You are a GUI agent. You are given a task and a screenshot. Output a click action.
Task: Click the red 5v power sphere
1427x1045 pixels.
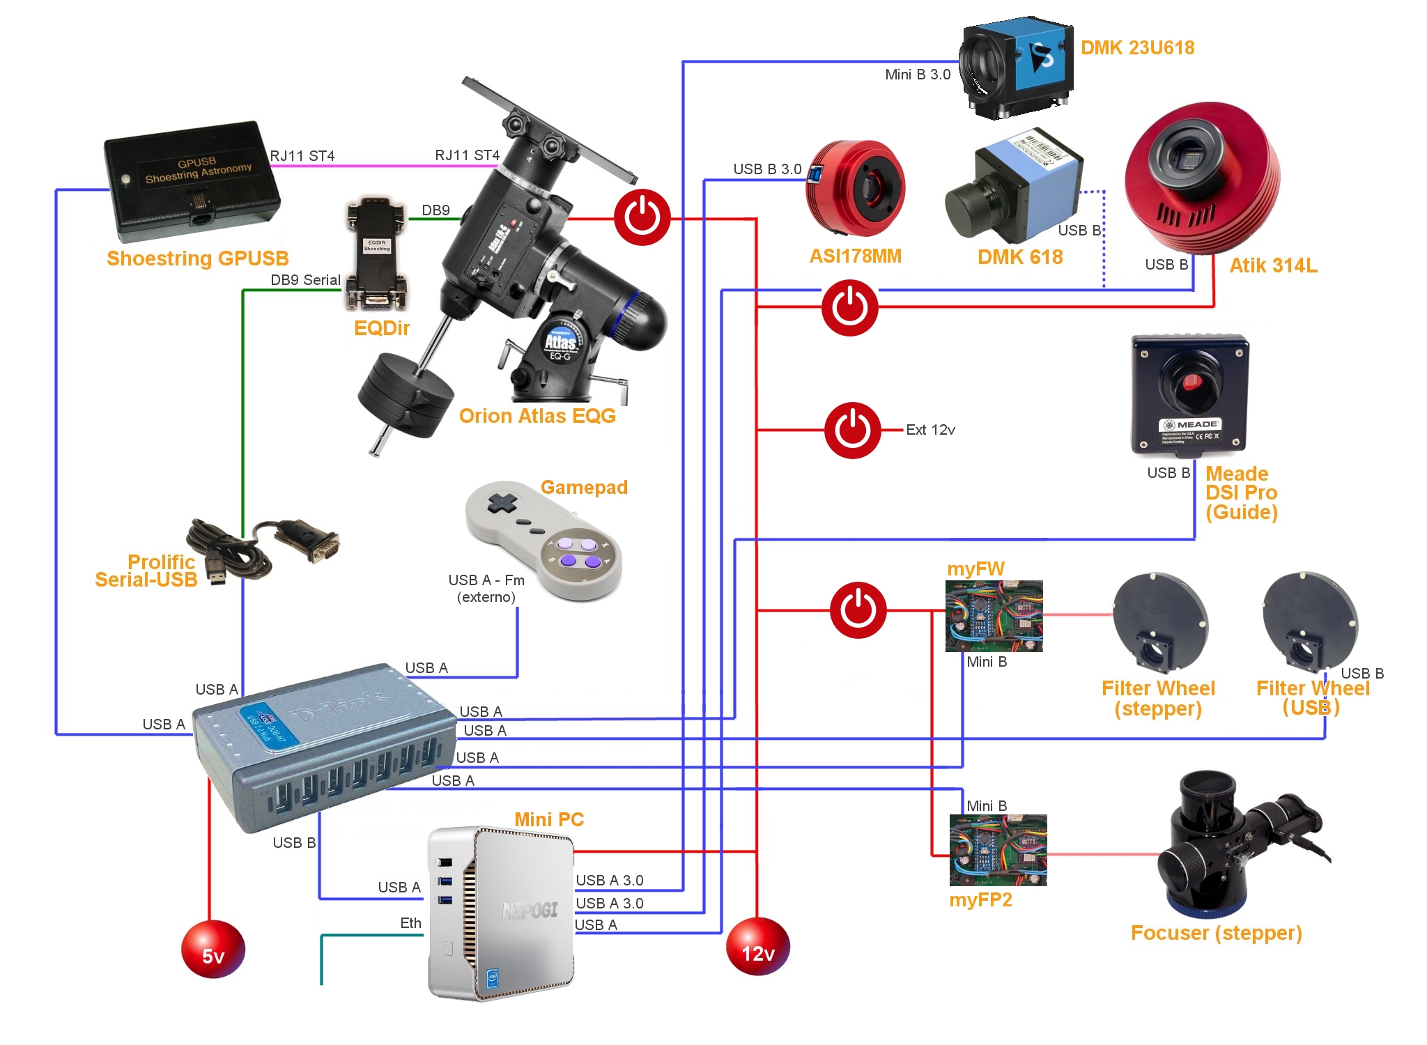(213, 949)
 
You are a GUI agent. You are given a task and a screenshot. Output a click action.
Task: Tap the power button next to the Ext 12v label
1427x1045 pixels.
(852, 430)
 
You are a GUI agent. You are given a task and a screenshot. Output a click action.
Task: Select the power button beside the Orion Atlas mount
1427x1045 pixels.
(642, 217)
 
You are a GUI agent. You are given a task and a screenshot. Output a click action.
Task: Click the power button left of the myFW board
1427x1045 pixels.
(858, 610)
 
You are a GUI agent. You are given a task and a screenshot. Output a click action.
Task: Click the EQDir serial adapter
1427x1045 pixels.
(376, 254)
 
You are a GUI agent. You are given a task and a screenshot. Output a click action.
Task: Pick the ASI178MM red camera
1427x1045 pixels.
(856, 188)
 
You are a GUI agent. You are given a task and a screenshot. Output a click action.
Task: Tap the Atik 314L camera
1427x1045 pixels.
(1202, 178)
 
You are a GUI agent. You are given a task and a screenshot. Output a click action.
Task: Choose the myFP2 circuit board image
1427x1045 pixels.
(998, 850)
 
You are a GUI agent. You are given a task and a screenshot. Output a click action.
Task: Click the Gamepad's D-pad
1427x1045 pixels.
(500, 503)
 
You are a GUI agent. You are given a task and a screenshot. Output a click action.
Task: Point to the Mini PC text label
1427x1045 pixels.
(549, 819)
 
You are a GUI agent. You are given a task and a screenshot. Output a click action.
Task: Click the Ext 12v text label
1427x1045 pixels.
(930, 430)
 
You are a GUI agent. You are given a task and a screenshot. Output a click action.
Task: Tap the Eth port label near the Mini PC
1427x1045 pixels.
(410, 923)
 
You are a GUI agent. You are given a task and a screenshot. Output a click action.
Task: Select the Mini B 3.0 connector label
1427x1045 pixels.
(917, 75)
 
